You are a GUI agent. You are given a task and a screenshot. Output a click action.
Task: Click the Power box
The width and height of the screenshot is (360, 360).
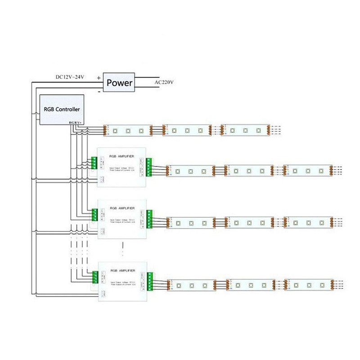(x=119, y=83)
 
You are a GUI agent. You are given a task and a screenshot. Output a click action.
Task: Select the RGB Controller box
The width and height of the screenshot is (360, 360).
(x=62, y=109)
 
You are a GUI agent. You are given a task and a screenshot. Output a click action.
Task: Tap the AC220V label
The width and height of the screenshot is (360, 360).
(x=164, y=82)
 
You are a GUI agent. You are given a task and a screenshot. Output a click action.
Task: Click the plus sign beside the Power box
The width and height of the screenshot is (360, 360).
(x=99, y=77)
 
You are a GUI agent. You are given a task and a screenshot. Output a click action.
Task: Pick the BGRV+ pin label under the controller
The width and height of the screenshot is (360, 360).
(x=75, y=122)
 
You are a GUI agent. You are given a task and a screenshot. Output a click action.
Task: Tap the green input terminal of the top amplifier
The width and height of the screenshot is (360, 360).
(x=94, y=162)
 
